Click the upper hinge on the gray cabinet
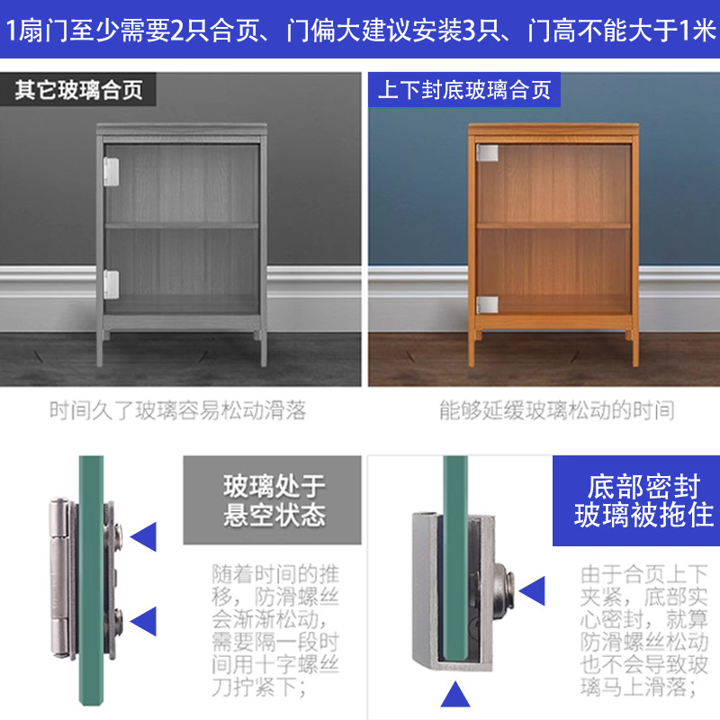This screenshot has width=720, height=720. [x=111, y=172]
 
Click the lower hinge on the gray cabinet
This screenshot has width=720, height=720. [x=111, y=283]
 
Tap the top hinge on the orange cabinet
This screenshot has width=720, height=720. [x=487, y=153]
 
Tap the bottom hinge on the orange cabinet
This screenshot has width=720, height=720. [x=487, y=304]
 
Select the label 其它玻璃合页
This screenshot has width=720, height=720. [x=78, y=89]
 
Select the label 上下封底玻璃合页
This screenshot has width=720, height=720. [x=464, y=89]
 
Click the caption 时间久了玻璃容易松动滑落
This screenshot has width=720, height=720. [x=177, y=410]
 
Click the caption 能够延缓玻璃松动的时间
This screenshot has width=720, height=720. [x=556, y=410]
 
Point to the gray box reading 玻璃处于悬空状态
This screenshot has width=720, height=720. [x=273, y=500]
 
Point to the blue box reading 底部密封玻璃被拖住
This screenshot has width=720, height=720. [x=636, y=500]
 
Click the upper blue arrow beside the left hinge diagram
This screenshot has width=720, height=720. [x=143, y=536]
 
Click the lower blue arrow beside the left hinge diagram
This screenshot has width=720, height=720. [x=143, y=621]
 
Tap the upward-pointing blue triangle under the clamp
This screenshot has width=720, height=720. [x=455, y=694]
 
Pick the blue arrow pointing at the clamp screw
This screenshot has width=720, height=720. [x=532, y=591]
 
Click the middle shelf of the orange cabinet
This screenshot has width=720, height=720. [x=553, y=226]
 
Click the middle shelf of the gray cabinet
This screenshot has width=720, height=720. [x=182, y=226]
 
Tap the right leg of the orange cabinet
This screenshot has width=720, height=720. [x=635, y=348]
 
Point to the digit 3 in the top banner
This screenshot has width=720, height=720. [x=468, y=31]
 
